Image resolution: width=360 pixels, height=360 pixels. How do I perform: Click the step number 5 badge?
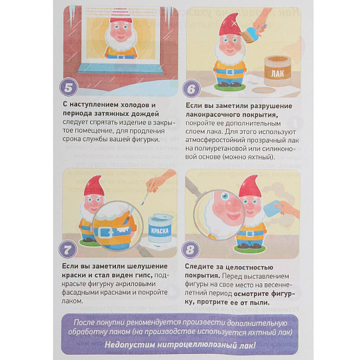[69, 87]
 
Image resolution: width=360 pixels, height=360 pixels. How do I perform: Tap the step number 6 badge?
[191, 89]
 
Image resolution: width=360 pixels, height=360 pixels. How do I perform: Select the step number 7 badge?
[68, 249]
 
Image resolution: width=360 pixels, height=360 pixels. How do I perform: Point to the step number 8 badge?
[190, 249]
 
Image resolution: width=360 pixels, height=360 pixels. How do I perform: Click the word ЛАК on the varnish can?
[277, 73]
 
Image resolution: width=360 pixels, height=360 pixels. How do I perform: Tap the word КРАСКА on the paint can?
[160, 231]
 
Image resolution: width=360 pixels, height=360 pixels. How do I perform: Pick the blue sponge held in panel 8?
[273, 208]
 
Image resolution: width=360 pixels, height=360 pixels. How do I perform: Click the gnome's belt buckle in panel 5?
[121, 57]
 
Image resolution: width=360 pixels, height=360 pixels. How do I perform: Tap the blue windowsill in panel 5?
[120, 69]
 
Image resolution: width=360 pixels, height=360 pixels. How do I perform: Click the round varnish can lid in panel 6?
[263, 90]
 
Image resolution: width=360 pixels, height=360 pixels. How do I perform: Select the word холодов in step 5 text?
[133, 105]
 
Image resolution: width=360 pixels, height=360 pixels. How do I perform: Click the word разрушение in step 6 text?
[271, 106]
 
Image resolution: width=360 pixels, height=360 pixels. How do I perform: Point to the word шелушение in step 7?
[147, 266]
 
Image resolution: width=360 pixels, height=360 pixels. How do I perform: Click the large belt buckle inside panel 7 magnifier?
[105, 233]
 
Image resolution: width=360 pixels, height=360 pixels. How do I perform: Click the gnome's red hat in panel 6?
[229, 24]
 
